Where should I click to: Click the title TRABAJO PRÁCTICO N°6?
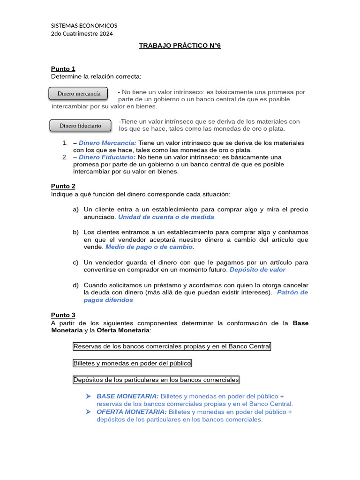[x=180, y=45]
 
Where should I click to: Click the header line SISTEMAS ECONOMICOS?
[x=84, y=25]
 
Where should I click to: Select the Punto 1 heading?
[x=63, y=68]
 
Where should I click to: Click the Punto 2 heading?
[x=63, y=186]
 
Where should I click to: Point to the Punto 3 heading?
[x=63, y=315]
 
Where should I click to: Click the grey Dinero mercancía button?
[x=78, y=93]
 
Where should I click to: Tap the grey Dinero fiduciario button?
[x=80, y=126]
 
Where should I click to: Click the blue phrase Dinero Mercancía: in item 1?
[x=107, y=142]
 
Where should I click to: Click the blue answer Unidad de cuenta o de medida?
[x=166, y=217]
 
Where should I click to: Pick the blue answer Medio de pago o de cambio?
[x=150, y=247]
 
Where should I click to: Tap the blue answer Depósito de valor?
[x=257, y=270]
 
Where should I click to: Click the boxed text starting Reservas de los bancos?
[x=172, y=346]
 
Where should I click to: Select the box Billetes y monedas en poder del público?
[x=132, y=363]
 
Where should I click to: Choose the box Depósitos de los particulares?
[x=156, y=380]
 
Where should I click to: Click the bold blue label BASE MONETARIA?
[x=127, y=396]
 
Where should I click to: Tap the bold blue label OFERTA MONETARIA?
[x=131, y=412]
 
